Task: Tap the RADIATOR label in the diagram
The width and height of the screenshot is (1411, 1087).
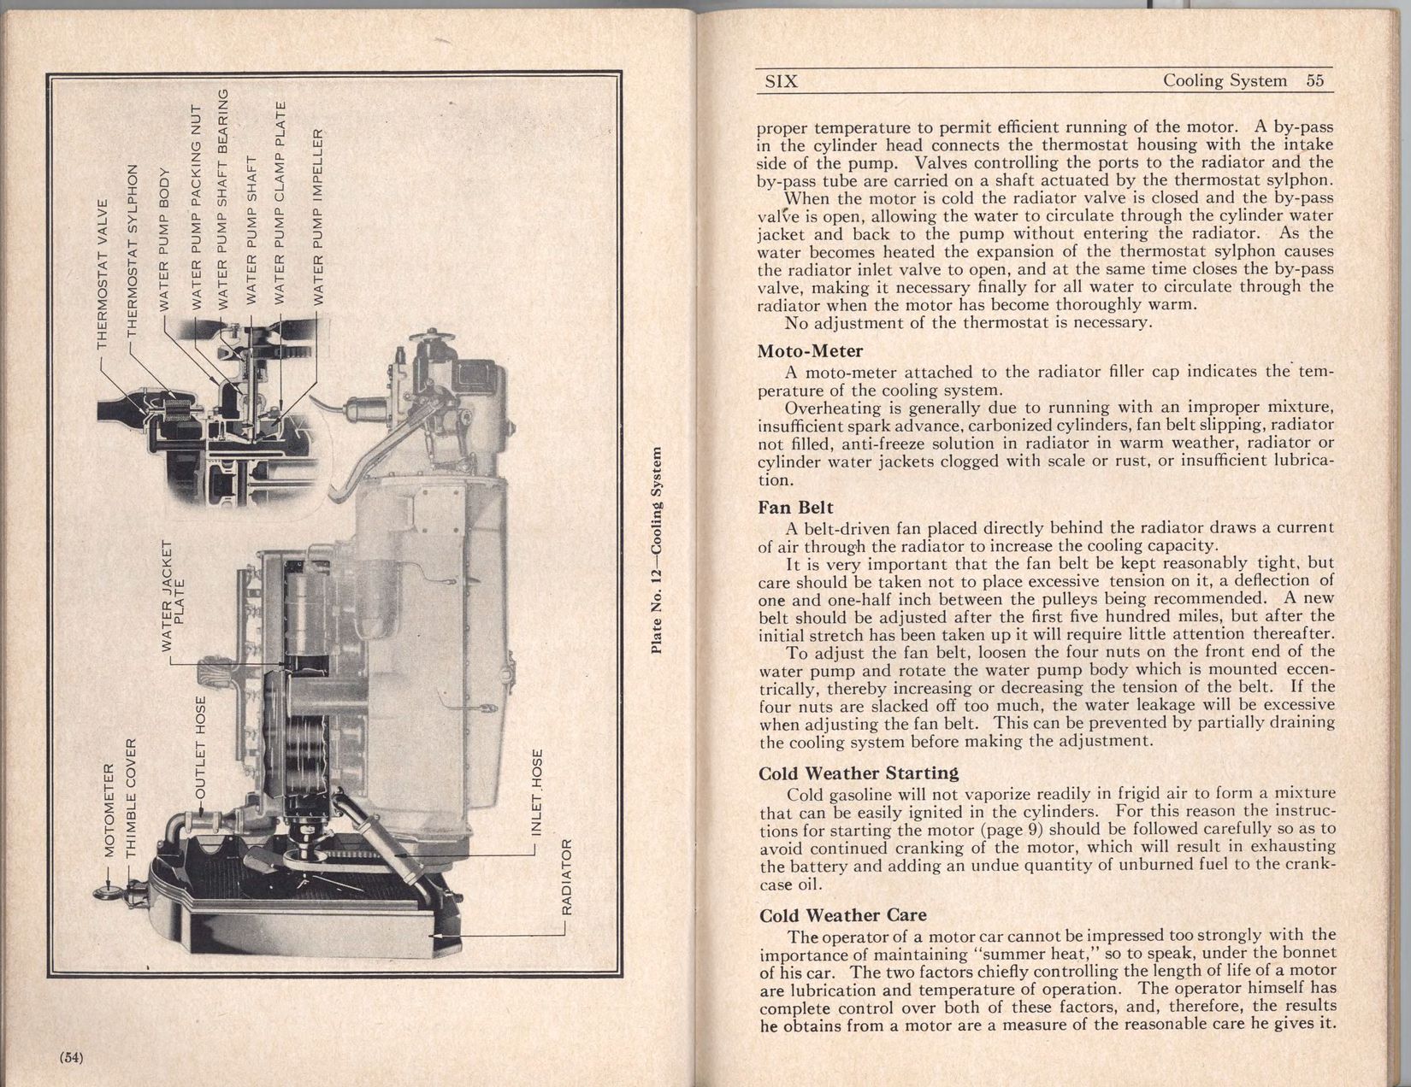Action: (565, 876)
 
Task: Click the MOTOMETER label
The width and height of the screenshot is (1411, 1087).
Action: (109, 806)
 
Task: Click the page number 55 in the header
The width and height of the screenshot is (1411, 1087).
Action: (1314, 80)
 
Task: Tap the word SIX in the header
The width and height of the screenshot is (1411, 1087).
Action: (780, 81)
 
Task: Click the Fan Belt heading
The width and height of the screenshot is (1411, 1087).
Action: (795, 507)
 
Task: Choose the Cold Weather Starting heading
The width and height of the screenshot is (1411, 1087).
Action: (859, 773)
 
